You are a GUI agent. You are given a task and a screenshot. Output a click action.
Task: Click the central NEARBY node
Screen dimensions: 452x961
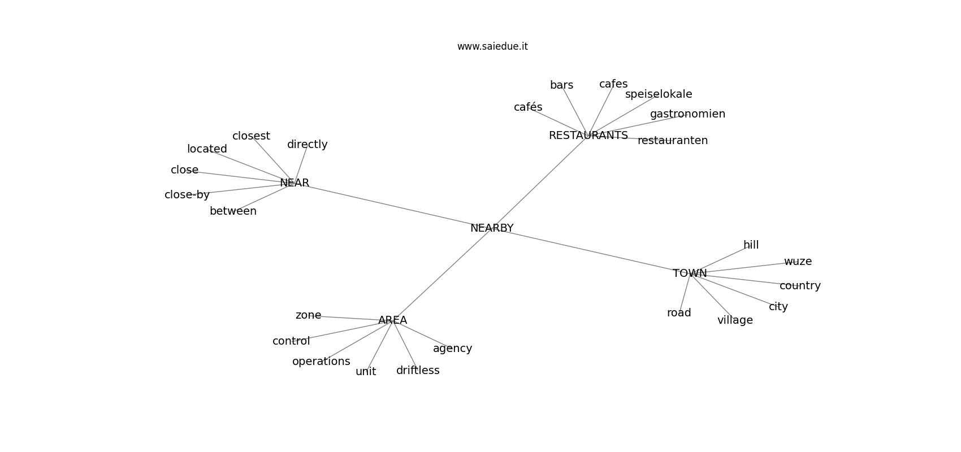[492, 228]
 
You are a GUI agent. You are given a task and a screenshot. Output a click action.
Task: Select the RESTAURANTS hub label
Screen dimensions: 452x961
[588, 136]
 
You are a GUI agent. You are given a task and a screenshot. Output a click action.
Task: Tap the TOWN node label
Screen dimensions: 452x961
[690, 273]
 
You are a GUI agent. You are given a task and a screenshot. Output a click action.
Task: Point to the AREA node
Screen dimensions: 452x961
[392, 320]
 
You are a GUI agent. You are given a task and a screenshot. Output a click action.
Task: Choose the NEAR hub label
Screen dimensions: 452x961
[295, 183]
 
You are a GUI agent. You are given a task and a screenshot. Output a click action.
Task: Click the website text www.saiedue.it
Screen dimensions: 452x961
[492, 46]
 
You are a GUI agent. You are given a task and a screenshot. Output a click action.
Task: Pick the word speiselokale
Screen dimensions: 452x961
[659, 94]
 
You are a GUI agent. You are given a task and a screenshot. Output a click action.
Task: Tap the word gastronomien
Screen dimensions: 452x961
[687, 114]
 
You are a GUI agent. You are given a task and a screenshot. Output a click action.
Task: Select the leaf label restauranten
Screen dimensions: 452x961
[673, 141]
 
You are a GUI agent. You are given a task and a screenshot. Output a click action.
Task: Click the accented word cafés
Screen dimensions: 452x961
[528, 107]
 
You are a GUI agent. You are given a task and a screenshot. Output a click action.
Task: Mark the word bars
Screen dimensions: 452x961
[561, 85]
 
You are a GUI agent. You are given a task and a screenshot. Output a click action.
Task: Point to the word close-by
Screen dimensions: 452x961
[187, 195]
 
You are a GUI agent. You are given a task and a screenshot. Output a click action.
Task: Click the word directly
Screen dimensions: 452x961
[307, 145]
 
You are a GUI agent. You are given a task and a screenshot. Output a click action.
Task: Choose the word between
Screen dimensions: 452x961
[233, 211]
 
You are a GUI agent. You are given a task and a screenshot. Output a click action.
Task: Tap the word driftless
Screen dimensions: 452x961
[418, 371]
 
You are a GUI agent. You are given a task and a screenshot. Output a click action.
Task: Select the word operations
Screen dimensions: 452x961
[321, 362]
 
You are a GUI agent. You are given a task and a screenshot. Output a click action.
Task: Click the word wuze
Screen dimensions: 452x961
[798, 262]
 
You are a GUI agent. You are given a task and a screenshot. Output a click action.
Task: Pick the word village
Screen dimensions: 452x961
[735, 320]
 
